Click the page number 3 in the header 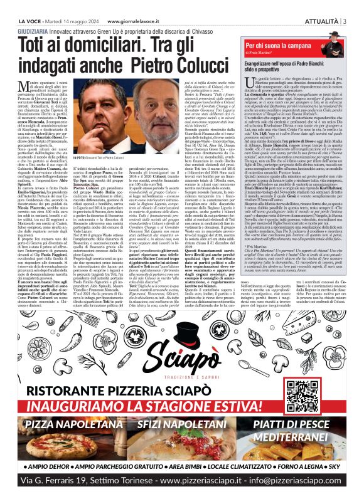point(346,6)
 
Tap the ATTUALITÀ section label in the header point(320,6)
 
